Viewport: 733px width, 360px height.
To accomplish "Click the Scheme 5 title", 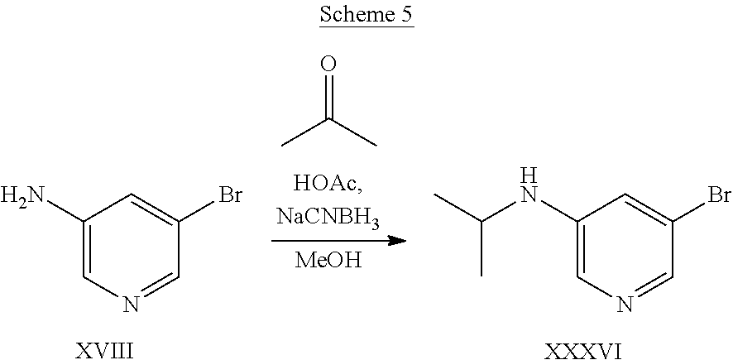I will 366,17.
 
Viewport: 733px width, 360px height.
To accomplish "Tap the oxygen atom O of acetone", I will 329,65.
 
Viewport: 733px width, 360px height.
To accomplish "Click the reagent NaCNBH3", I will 329,217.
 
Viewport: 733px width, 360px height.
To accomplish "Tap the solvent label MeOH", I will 329,261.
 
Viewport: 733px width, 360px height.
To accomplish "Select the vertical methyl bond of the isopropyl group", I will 481,247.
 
